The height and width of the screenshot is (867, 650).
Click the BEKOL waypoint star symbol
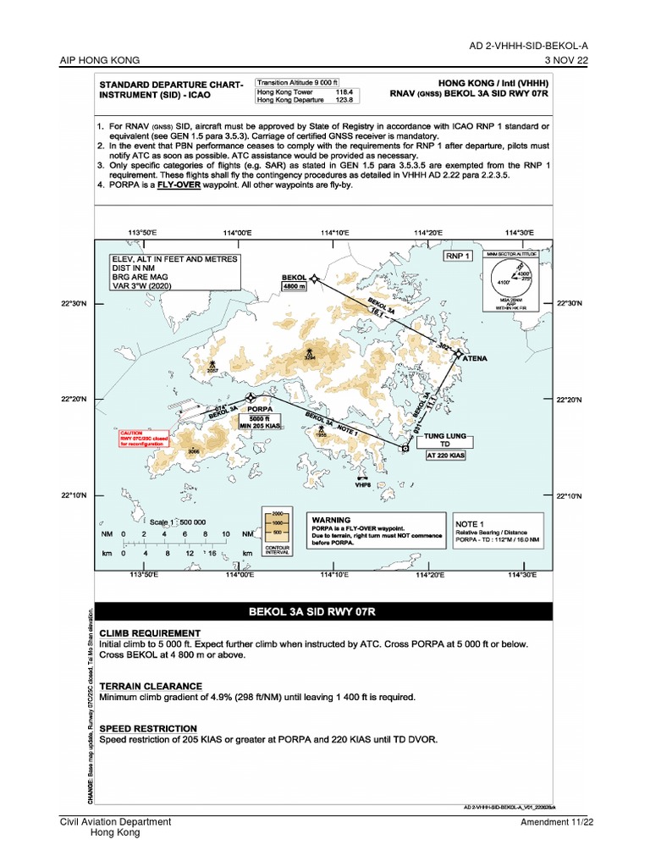coord(314,278)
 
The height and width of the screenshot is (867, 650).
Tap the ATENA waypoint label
coord(474,358)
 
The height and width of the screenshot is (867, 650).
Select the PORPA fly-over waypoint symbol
coord(250,397)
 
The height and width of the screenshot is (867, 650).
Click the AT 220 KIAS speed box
coord(446,456)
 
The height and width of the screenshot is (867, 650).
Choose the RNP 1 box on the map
coord(456,254)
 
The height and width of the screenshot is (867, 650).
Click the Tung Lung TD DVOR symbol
coord(405,449)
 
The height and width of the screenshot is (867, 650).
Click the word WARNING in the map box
coord(332,519)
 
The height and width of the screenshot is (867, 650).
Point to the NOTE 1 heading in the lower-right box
coord(470,524)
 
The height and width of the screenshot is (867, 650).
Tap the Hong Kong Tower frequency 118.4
coord(344,91)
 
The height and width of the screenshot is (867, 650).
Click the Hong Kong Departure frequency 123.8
coord(344,100)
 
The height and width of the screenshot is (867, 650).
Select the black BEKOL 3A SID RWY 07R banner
coord(324,610)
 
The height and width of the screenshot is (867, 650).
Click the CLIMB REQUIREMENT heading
coord(150,633)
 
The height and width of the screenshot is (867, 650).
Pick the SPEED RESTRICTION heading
coord(148,728)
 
